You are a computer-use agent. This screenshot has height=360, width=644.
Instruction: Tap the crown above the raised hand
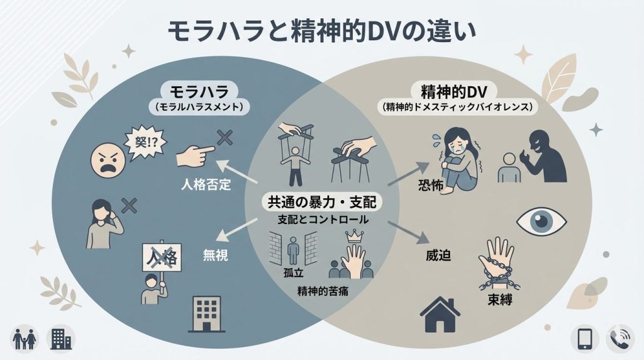tap(355, 237)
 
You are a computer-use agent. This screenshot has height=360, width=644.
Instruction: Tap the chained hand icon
tap(498, 262)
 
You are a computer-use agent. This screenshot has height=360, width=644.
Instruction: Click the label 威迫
tap(433, 256)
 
